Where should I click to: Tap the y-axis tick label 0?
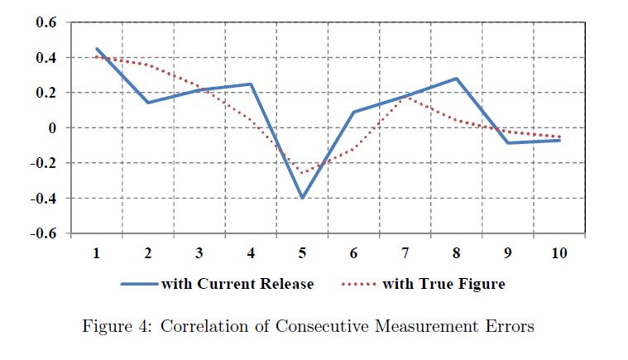[x=51, y=128]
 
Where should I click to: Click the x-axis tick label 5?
[x=302, y=252]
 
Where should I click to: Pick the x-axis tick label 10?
[x=559, y=252]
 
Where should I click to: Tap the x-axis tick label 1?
[x=97, y=252]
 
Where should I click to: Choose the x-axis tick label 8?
[x=457, y=252]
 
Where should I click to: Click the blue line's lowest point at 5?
[x=302, y=198]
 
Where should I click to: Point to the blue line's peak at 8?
[x=457, y=79]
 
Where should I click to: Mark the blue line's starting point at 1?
[x=97, y=49]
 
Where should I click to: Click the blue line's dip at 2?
[x=147, y=103]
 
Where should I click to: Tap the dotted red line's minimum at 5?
[x=302, y=174]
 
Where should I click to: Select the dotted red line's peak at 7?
[x=405, y=98]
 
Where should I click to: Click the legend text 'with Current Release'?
[x=237, y=284]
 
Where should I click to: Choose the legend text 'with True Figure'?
[x=443, y=284]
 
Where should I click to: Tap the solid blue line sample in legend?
[x=139, y=284]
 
